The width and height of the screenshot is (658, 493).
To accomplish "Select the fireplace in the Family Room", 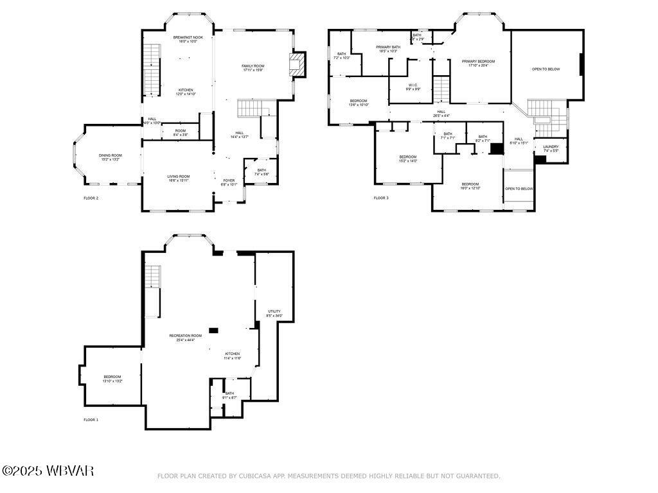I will (296, 64).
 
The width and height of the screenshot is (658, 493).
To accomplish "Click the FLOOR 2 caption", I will (91, 198).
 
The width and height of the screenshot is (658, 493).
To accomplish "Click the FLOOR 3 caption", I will (381, 198).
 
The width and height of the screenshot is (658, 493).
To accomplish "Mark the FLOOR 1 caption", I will (91, 419).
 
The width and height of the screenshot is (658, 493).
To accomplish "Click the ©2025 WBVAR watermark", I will (48, 471).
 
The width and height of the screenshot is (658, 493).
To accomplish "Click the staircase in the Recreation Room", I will (152, 277).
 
